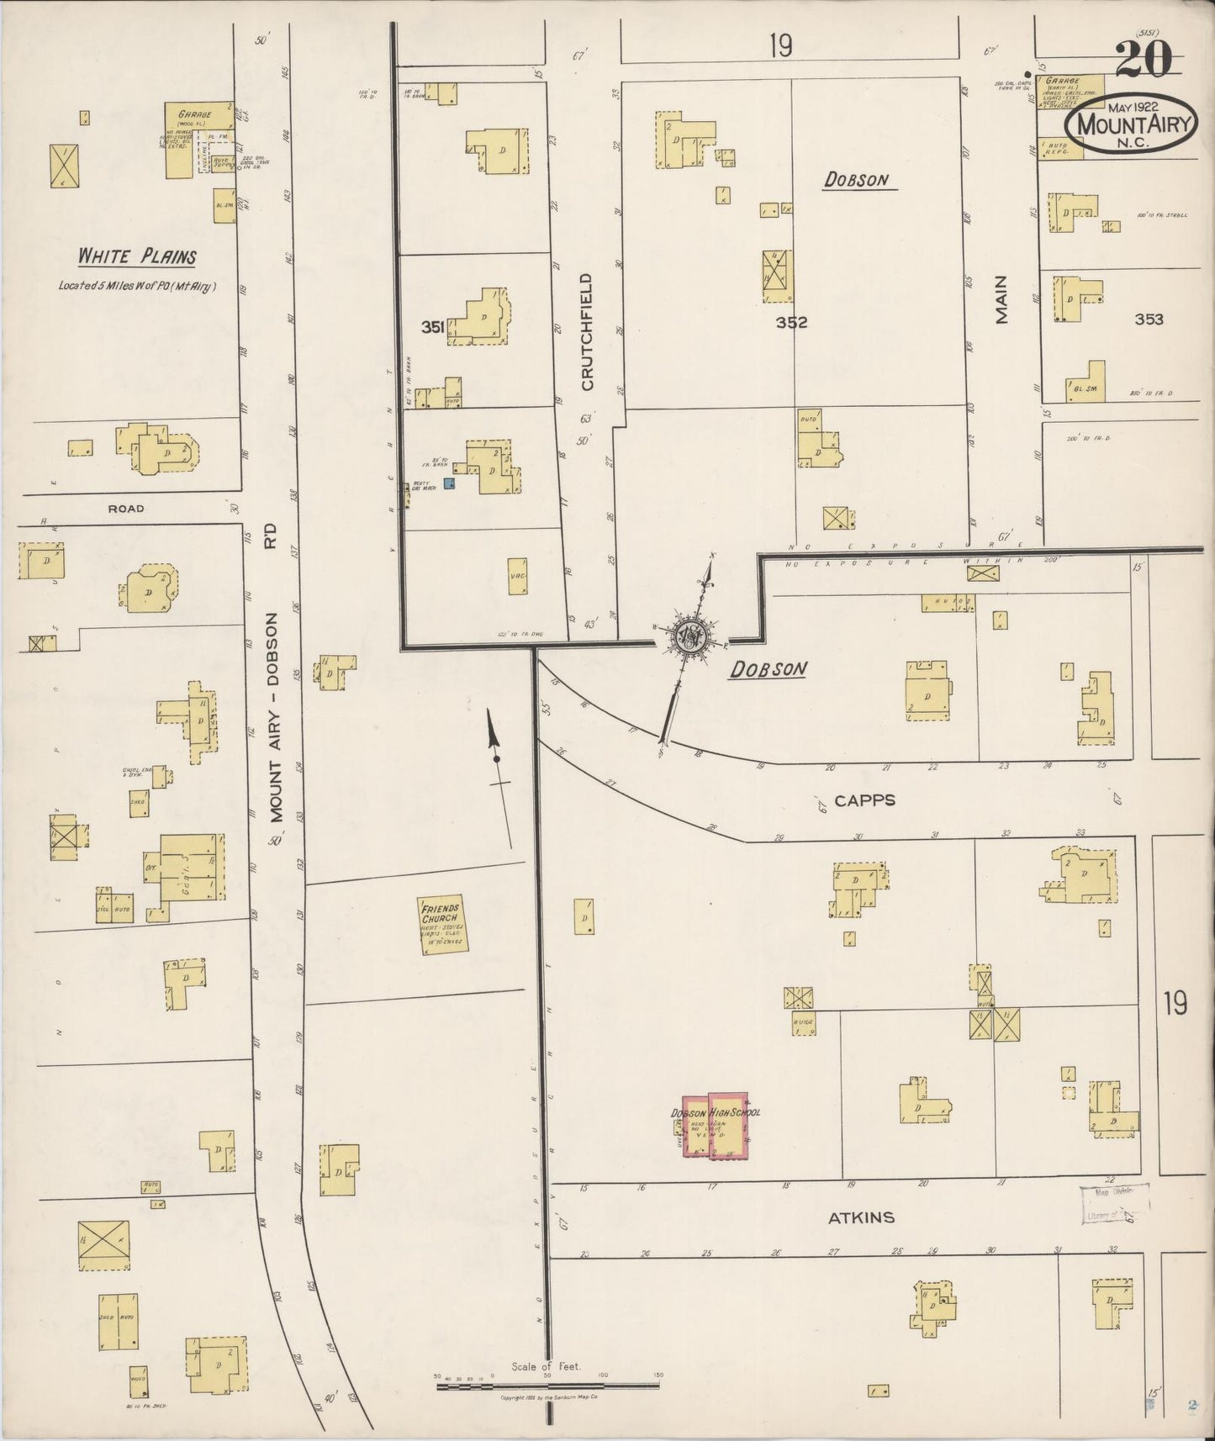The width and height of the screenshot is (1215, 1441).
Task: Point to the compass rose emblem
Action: [689, 639]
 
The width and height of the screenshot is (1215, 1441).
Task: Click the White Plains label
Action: [138, 256]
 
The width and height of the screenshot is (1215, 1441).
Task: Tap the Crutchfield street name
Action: [587, 331]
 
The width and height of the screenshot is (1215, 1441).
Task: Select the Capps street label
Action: [865, 800]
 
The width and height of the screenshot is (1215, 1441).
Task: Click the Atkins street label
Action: [861, 1217]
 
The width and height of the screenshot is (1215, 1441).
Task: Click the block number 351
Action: [432, 328]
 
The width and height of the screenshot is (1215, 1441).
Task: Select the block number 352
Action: [791, 321]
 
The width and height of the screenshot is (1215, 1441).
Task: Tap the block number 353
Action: [1149, 319]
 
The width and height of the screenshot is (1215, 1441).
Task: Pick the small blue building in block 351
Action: [449, 483]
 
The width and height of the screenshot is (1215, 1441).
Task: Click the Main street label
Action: [1001, 301]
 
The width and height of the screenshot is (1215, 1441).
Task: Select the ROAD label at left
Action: [125, 509]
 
